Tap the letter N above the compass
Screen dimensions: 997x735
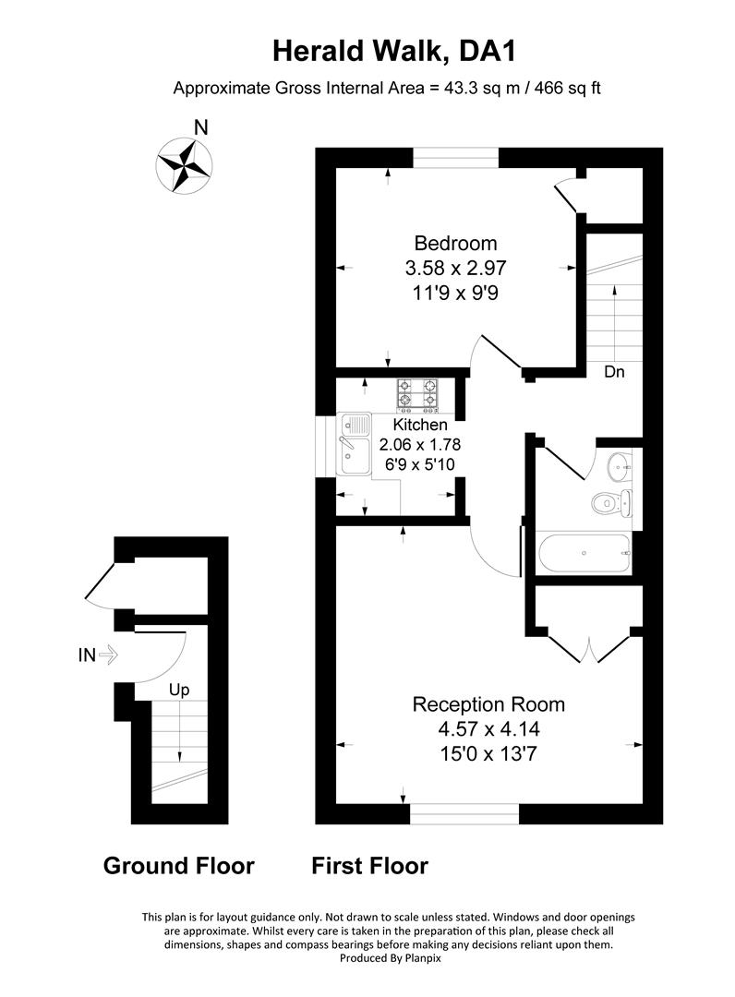[200, 128]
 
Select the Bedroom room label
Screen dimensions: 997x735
[455, 244]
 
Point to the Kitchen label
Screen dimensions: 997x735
[420, 425]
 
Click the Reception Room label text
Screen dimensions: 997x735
[488, 704]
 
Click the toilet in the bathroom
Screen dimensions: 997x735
[608, 503]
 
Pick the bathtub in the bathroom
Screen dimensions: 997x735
[583, 554]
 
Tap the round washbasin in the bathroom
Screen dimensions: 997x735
[620, 467]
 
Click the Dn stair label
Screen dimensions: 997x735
[614, 372]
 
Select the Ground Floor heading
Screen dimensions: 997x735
[178, 866]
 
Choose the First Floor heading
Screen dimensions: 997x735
[369, 866]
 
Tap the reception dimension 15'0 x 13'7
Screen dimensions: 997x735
[488, 752]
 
